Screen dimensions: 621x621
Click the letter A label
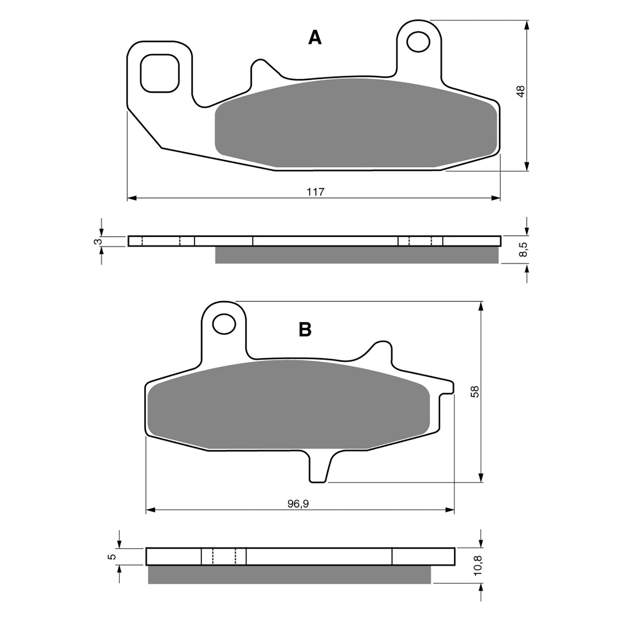[x=315, y=38]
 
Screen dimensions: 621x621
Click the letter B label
[x=305, y=330]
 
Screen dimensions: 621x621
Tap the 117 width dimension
[x=315, y=192]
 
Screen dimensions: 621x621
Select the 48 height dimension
[x=521, y=92]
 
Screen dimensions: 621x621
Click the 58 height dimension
[x=475, y=391]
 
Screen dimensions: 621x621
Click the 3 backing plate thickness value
[x=99, y=241]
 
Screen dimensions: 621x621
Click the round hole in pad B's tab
[x=224, y=323]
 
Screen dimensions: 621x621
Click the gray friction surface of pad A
[x=355, y=124]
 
